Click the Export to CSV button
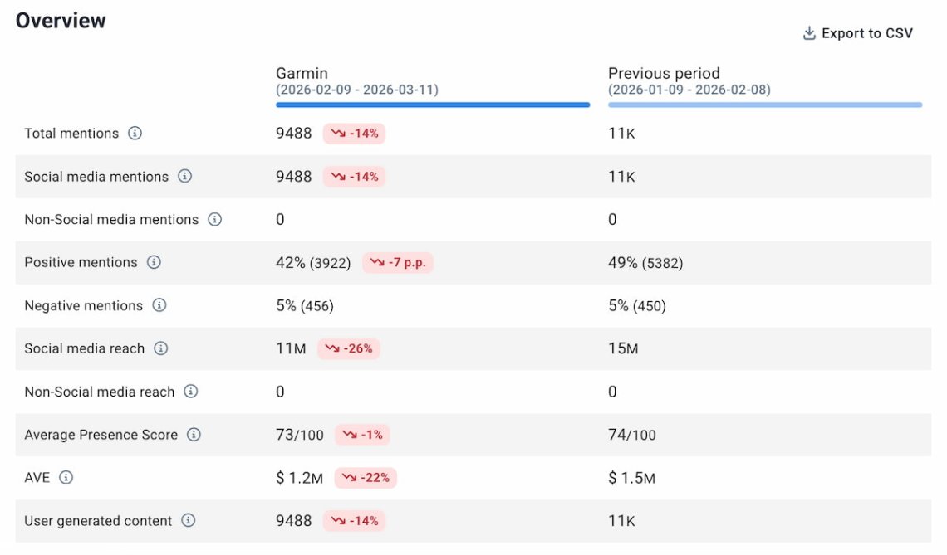[858, 33]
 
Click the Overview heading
[61, 21]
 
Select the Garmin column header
[302, 73]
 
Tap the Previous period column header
[664, 73]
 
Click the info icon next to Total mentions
[135, 133]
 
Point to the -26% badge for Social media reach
[348, 348]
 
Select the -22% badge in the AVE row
[366, 478]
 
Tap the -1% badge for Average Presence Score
[362, 435]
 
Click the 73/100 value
[300, 435]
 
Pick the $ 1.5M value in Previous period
[631, 478]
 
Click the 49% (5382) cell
[645, 262]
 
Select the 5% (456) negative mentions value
[305, 305]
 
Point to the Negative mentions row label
[83, 305]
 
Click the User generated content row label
[98, 521]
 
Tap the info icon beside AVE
[66, 478]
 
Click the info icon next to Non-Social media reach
[191, 392]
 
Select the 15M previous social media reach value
[623, 348]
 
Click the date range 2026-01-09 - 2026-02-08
[689, 90]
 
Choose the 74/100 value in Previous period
[632, 435]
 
